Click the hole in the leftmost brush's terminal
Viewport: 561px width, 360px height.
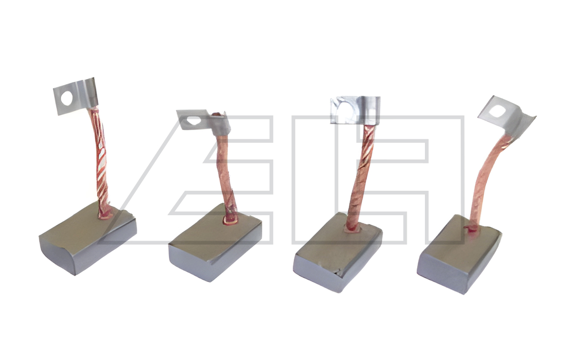tap(67, 98)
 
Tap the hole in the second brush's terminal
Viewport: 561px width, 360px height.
tap(193, 121)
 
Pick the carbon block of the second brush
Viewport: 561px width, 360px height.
tap(215, 243)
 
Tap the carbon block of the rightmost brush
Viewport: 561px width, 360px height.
tap(459, 254)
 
